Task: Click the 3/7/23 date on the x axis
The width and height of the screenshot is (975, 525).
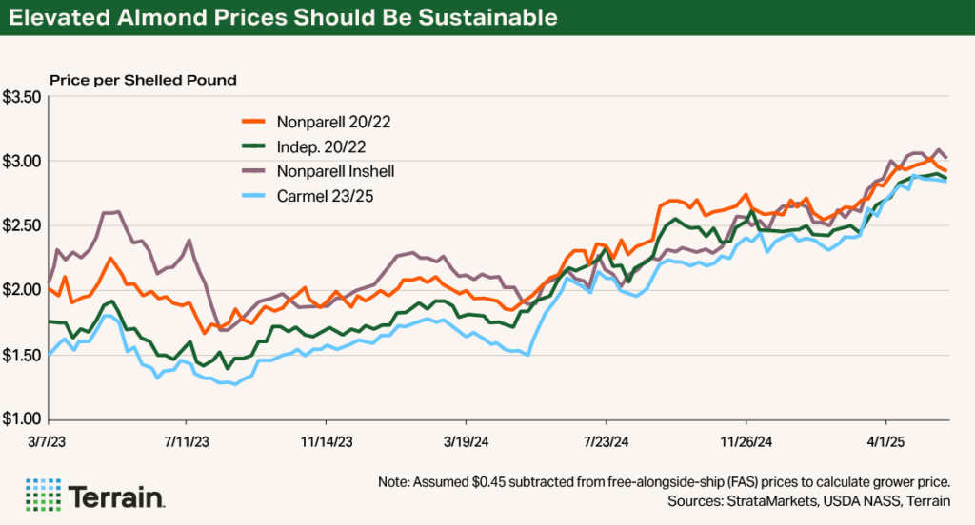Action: point(48,441)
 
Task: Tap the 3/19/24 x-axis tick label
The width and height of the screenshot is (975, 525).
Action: point(466,441)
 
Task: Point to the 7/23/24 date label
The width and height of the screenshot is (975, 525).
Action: point(607,441)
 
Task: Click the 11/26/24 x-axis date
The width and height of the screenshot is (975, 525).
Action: point(746,441)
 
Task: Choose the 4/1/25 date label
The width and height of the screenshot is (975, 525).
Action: point(886,441)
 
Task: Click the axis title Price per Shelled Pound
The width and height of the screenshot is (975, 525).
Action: point(143,79)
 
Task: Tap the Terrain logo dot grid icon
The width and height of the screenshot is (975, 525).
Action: point(43,496)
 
